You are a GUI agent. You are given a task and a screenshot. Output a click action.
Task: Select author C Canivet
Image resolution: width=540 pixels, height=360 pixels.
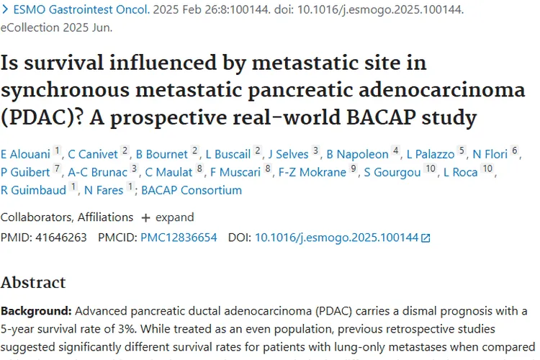click(93, 153)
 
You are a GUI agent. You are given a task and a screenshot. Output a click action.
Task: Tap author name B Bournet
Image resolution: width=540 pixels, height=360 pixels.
click(162, 153)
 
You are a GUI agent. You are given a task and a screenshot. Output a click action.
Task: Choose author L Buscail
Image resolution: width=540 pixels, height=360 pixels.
click(228, 153)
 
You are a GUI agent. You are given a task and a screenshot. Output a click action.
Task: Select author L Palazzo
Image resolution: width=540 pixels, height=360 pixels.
click(431, 153)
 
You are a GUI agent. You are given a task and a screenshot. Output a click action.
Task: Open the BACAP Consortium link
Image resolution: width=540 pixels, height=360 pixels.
click(192, 190)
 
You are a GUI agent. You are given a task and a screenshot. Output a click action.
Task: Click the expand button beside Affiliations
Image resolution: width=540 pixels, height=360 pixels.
click(168, 217)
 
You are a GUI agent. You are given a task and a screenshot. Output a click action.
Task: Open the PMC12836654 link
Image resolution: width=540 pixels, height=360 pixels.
click(179, 237)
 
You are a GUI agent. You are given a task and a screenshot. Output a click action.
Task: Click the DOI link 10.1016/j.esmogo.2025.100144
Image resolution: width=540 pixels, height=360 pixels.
click(337, 237)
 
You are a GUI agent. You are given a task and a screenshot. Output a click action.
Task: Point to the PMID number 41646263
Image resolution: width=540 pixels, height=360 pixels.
click(68, 237)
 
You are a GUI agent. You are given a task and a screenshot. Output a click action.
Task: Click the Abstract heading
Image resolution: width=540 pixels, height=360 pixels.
click(32, 282)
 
